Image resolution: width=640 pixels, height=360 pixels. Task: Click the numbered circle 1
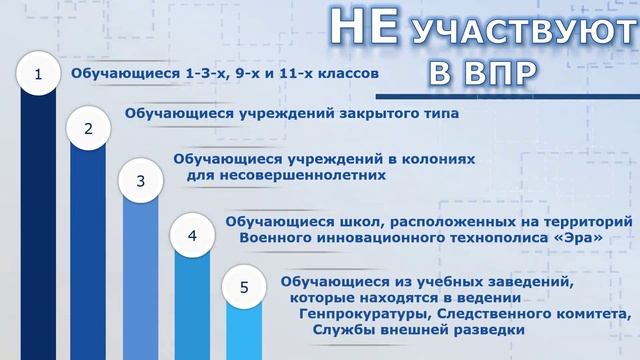point(38,74)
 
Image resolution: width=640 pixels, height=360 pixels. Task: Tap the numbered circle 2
point(89,128)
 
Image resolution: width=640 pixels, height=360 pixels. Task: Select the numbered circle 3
point(141,181)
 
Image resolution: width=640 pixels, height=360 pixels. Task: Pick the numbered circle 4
point(193,236)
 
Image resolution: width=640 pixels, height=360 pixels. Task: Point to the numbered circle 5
point(245,288)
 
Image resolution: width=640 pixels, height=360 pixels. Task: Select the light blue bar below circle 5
point(245,335)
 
